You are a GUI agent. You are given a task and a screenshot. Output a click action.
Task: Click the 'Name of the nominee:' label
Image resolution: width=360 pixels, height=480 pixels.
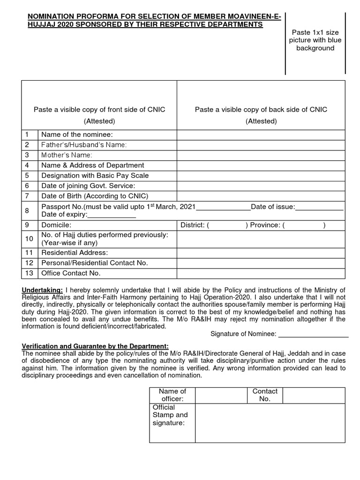pyautogui.click(x=77, y=135)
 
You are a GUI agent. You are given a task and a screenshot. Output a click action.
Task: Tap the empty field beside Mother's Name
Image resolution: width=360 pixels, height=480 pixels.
pyautogui.click(x=261, y=155)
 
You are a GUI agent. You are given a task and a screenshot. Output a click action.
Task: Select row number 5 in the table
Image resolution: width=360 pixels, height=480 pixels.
pyautogui.click(x=28, y=176)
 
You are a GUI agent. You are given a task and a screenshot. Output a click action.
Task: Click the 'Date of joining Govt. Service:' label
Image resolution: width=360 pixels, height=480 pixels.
pyautogui.click(x=88, y=186)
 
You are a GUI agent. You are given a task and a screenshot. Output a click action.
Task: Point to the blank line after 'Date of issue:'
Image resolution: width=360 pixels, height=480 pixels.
pyautogui.click(x=319, y=207)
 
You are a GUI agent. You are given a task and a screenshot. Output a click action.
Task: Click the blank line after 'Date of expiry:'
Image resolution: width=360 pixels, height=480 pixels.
pyautogui.click(x=112, y=215)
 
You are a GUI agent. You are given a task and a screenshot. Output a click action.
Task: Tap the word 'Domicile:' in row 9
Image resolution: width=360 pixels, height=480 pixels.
pyautogui.click(x=56, y=225)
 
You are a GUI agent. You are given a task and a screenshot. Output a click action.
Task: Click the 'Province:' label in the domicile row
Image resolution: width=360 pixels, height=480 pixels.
pyautogui.click(x=265, y=225)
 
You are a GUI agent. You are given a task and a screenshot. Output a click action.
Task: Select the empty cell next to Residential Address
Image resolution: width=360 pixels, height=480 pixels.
pyautogui.click(x=261, y=253)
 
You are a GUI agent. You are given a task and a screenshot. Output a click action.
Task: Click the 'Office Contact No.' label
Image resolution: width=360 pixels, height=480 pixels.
pyautogui.click(x=71, y=273)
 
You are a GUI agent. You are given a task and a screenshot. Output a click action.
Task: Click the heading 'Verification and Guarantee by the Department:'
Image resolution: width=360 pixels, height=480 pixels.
pyautogui.click(x=95, y=346)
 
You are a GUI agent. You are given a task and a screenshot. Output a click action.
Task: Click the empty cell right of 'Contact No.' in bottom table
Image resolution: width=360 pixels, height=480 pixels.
pyautogui.click(x=314, y=395)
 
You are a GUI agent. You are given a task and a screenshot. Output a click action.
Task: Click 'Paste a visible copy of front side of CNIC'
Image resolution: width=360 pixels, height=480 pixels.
pyautogui.click(x=99, y=110)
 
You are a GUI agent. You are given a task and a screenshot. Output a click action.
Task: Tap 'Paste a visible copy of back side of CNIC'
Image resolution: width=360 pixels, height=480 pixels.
pyautogui.click(x=261, y=110)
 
